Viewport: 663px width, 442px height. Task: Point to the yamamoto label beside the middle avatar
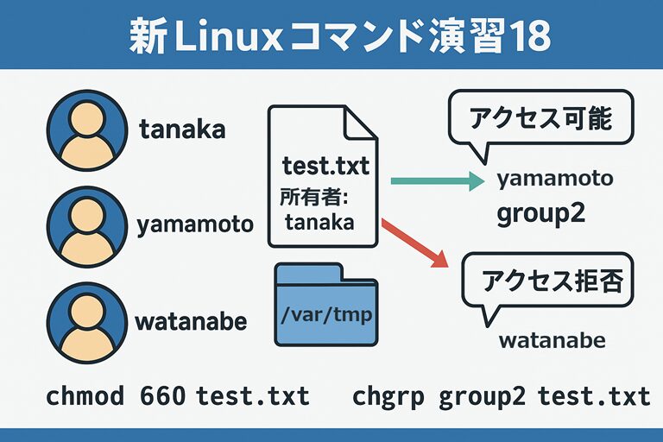point(195,225)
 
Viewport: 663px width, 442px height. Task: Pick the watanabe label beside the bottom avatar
point(191,322)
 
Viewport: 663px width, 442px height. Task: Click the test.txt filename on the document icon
point(325,167)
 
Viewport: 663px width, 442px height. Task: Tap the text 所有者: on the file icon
point(313,198)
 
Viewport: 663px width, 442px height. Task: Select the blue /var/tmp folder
point(325,306)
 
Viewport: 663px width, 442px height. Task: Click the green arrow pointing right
point(436,181)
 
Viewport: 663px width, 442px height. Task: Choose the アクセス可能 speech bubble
point(540,120)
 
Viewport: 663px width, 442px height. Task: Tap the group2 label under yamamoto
point(540,213)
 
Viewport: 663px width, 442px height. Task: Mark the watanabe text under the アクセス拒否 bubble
point(552,340)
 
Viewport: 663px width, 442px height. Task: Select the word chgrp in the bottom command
point(389,396)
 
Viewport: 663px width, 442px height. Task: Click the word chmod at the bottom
point(84,396)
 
